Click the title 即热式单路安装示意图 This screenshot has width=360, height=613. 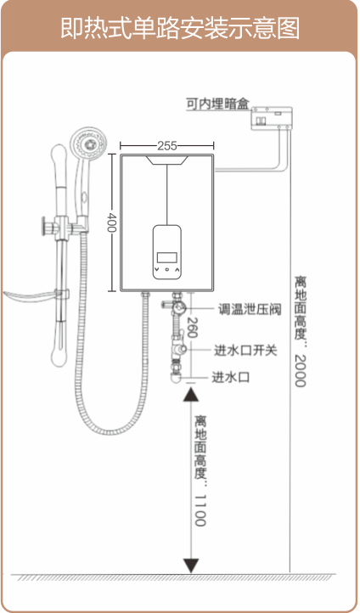tap(180, 28)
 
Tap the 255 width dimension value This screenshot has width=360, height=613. tap(167, 146)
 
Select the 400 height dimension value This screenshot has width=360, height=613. tap(112, 222)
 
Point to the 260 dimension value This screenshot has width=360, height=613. tap(192, 327)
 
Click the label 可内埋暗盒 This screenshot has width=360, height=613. tap(217, 104)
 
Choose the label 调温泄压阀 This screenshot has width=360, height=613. tap(250, 309)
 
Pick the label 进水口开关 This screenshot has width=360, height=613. tap(245, 350)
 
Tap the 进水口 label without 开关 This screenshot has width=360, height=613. tap(231, 377)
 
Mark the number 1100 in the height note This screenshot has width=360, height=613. tap(200, 510)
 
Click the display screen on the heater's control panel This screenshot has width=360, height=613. tap(167, 257)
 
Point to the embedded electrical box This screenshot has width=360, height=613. tap(271, 118)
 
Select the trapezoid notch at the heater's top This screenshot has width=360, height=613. tap(167, 160)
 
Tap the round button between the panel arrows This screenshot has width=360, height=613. tap(167, 269)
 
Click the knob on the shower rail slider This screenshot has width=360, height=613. tap(47, 227)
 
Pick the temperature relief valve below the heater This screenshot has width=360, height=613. tap(177, 307)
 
